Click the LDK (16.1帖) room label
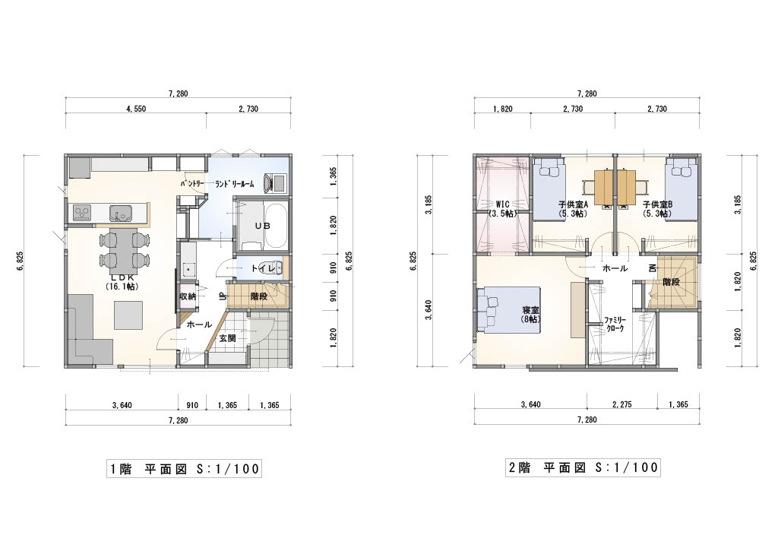click(x=122, y=282)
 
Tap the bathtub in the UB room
click(x=276, y=226)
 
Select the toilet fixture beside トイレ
click(x=277, y=268)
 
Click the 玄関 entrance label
click(x=227, y=338)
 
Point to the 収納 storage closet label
click(x=187, y=297)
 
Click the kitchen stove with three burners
click(x=82, y=213)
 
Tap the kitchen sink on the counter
click(x=119, y=214)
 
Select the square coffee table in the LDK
click(x=129, y=315)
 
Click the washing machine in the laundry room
click(x=274, y=182)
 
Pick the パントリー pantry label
click(x=192, y=184)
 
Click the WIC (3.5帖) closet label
click(x=503, y=209)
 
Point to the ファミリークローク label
click(x=615, y=325)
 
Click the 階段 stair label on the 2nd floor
click(x=671, y=282)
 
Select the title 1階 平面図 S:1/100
click(x=184, y=469)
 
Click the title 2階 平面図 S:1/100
click(x=583, y=467)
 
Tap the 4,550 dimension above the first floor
click(x=136, y=109)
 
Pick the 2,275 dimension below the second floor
click(x=621, y=404)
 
